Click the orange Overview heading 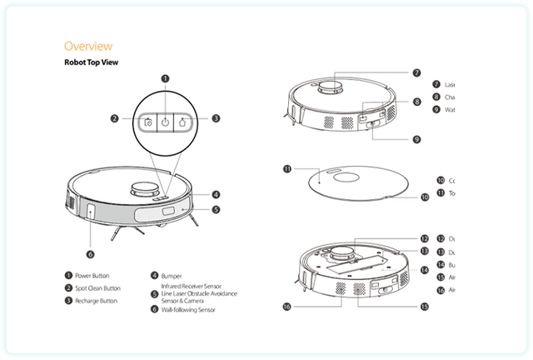[87, 46]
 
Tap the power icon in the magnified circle [165, 121]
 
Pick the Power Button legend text [104, 275]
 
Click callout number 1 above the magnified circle [165, 79]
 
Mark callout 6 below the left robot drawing [90, 254]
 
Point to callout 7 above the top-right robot [416, 72]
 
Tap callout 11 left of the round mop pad [288, 168]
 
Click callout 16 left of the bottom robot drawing [287, 307]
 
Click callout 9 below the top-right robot [416, 138]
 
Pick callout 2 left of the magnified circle [115, 118]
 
